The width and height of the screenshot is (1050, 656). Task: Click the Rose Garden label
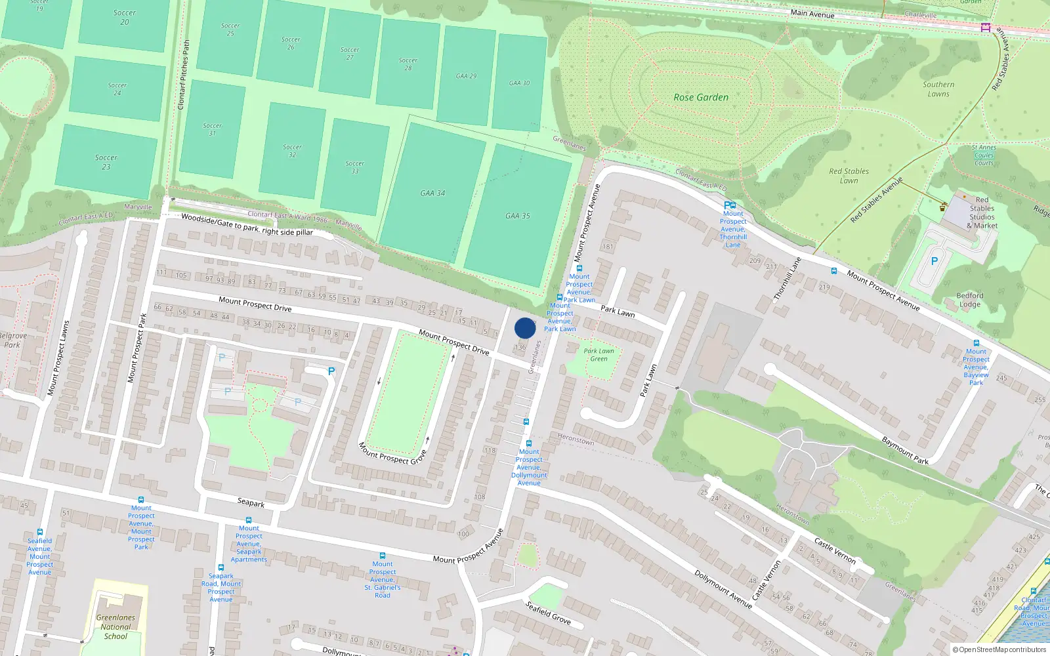click(701, 97)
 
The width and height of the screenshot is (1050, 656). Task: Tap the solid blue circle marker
click(525, 328)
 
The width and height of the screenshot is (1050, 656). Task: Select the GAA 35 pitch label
click(518, 216)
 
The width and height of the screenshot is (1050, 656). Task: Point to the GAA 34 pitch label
click(432, 194)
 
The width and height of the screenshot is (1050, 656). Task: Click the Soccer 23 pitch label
click(106, 162)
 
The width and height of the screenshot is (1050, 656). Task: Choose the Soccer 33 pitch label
click(355, 167)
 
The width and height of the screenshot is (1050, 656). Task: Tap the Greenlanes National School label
click(115, 626)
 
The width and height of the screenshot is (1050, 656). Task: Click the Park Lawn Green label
click(599, 355)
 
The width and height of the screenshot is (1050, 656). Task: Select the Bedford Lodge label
click(970, 300)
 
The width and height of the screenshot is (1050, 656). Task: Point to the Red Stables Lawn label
click(849, 176)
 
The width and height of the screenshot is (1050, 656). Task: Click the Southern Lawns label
click(938, 89)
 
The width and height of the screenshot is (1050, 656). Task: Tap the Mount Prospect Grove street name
click(392, 453)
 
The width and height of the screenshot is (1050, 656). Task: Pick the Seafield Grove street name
click(548, 613)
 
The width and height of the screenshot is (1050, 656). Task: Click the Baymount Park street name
click(905, 451)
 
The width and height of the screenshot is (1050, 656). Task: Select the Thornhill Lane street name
click(787, 279)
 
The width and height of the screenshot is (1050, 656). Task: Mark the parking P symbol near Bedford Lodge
click(934, 261)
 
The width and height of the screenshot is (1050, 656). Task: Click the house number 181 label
click(608, 247)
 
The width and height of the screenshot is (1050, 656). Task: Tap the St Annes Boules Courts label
click(984, 155)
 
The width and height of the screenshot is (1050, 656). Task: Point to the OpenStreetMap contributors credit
click(999, 650)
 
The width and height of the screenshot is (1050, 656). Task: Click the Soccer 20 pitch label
click(125, 17)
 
